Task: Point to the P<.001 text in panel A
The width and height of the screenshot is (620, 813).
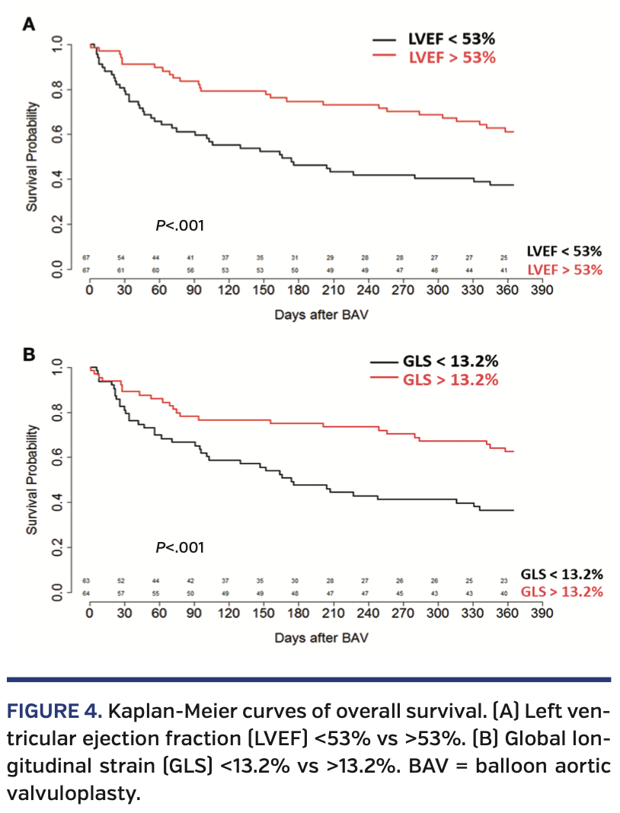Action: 180,225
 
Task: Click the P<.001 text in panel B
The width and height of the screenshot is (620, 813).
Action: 180,547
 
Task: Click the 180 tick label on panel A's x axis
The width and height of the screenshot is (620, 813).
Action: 298,290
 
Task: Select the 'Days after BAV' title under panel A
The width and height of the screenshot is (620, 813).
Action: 321,314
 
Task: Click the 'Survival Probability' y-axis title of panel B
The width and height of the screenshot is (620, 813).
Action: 33,479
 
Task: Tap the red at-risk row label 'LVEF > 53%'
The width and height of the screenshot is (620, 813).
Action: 564,270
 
